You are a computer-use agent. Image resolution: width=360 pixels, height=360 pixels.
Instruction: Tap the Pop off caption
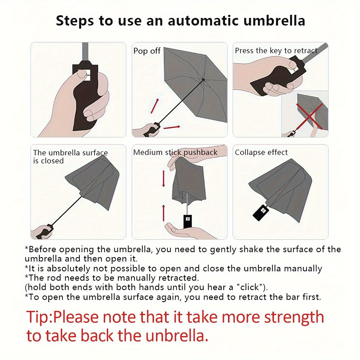[x=147, y=51]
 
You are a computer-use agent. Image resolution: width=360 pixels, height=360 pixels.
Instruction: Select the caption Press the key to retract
[x=276, y=51]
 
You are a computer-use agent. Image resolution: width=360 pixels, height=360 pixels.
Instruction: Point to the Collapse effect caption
[x=261, y=152]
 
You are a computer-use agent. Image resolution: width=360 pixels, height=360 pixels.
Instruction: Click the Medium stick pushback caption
[x=175, y=152]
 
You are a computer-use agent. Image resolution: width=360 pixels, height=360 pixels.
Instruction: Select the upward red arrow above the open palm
[x=163, y=212]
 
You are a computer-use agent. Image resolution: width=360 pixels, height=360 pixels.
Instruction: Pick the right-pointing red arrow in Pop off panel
[x=172, y=127]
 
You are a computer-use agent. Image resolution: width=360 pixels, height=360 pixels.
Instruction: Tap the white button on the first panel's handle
[x=84, y=75]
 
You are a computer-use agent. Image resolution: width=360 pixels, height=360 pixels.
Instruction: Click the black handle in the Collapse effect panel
[x=261, y=212]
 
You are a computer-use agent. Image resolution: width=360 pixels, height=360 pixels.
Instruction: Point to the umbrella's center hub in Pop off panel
[x=203, y=80]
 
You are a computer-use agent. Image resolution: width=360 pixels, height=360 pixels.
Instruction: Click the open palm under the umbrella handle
[x=180, y=231]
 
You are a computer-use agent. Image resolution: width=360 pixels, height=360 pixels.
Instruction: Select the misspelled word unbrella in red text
[x=177, y=336]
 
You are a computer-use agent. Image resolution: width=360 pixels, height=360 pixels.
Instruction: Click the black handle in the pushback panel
[x=187, y=221]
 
